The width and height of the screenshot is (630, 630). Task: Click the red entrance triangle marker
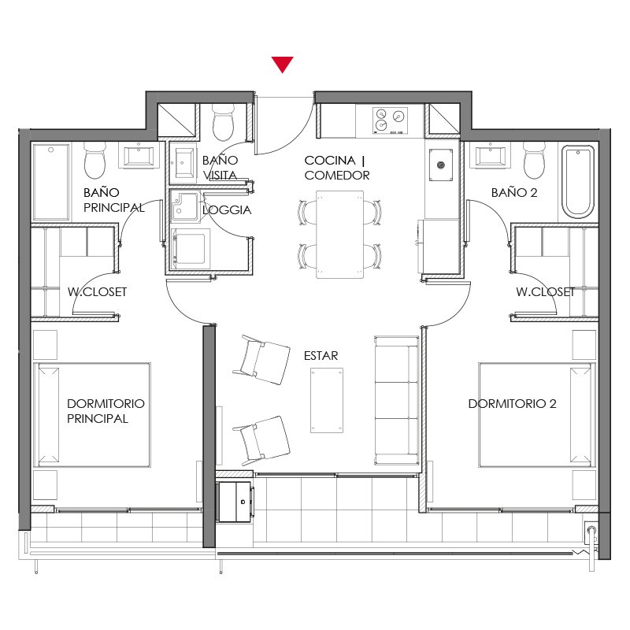click(282, 64)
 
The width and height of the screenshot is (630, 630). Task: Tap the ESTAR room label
click(321, 356)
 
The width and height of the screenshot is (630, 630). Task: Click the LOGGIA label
click(227, 209)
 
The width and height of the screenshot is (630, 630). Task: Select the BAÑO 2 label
click(514, 192)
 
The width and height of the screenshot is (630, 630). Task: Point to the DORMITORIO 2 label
click(513, 403)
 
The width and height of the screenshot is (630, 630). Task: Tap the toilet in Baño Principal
click(94, 161)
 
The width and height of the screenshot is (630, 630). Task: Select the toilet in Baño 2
click(535, 161)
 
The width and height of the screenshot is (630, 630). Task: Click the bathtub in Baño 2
click(578, 182)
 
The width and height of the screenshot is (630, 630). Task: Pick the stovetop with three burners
click(390, 120)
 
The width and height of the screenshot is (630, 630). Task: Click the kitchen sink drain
click(441, 165)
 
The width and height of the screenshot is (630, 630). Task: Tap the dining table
click(339, 235)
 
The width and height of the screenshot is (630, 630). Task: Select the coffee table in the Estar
click(327, 400)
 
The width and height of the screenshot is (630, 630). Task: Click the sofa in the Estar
click(397, 400)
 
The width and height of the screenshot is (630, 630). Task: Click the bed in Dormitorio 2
click(537, 415)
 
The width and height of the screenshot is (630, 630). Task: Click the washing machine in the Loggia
click(190, 249)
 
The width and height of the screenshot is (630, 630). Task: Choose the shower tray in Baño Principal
click(51, 182)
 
